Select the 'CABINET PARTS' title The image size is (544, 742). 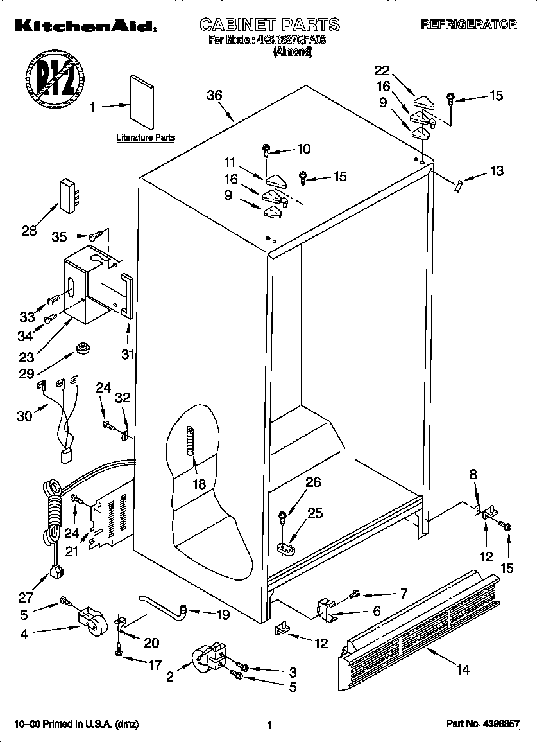269,25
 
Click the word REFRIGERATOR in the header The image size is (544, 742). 468,24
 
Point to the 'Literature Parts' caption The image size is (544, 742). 146,137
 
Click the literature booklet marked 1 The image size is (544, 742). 142,100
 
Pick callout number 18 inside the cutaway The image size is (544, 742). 200,484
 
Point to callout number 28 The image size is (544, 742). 30,231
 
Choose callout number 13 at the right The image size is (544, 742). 496,171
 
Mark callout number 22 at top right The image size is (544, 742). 382,70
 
